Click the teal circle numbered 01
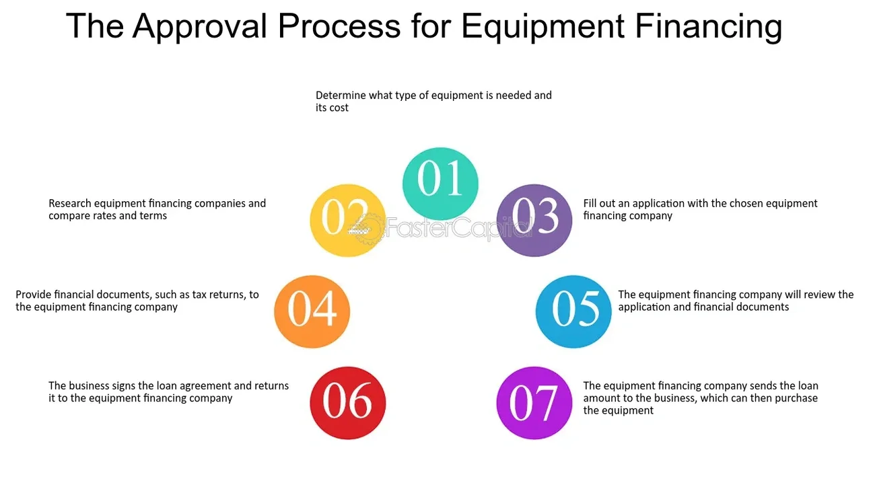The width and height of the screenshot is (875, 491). point(440,184)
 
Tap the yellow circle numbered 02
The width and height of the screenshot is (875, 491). point(347,220)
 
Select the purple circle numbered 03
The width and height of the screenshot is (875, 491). point(534,220)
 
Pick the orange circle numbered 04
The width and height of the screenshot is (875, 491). point(312,311)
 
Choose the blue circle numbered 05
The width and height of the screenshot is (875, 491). point(573,311)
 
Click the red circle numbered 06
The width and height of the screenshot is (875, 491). point(347,402)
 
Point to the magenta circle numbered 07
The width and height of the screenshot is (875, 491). point(534,402)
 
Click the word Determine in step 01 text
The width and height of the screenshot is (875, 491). point(341,96)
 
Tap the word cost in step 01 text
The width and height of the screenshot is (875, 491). point(339,108)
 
